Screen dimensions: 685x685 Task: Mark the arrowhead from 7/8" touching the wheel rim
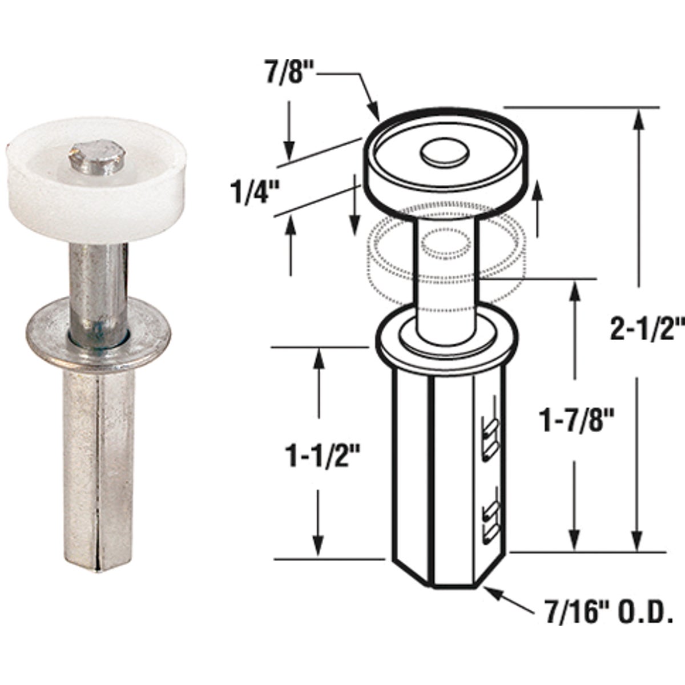point(374,111)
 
